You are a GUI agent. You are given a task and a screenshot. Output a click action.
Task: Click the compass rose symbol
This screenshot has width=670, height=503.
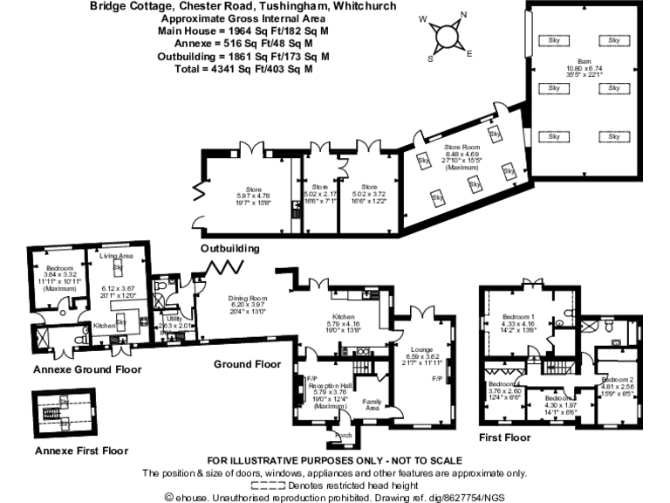(x=449, y=36)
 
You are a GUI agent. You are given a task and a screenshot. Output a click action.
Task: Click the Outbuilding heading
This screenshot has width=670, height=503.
(x=230, y=249)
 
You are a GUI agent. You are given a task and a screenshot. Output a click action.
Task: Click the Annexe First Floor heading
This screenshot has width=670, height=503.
(x=80, y=451)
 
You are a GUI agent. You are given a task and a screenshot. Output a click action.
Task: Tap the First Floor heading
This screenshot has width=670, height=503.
(x=505, y=437)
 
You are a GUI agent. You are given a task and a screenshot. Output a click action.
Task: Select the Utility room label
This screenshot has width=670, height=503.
(x=173, y=320)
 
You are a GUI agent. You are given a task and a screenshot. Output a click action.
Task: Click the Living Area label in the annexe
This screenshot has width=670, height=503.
(x=115, y=257)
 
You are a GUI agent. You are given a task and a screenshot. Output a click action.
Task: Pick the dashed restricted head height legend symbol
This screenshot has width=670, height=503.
(x=268, y=485)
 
